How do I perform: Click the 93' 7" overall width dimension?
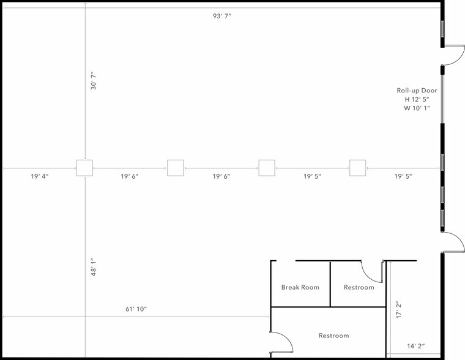pyautogui.click(x=221, y=16)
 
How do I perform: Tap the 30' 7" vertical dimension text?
pyautogui.click(x=94, y=81)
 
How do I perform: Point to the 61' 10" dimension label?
pyautogui.click(x=136, y=309)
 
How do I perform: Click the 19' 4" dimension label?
pyautogui.click(x=39, y=176)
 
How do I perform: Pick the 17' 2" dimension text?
pyautogui.click(x=398, y=310)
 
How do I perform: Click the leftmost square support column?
pyautogui.click(x=84, y=168)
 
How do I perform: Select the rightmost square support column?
pyautogui.click(x=357, y=168)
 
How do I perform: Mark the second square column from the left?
pyautogui.click(x=176, y=168)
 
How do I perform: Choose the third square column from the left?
pyautogui.click(x=267, y=168)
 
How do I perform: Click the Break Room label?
pyautogui.click(x=300, y=287)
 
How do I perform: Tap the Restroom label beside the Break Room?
pyautogui.click(x=359, y=287)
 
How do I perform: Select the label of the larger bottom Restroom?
pyautogui.click(x=333, y=336)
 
